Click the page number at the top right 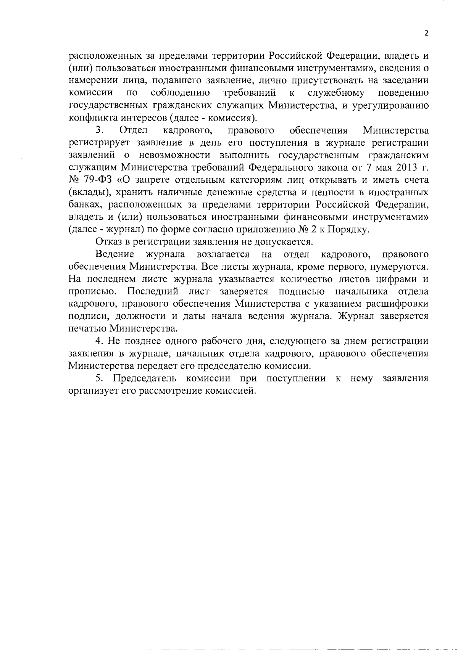pos(427,33)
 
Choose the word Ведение pos(115,254)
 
